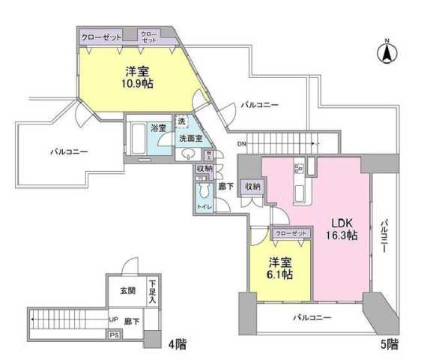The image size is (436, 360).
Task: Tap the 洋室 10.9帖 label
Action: [139, 78]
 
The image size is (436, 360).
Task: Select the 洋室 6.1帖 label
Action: [280, 268]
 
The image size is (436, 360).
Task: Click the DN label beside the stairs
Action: [240, 143]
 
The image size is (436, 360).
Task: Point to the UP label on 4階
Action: [113, 319]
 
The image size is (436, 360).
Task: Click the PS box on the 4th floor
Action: [113, 335]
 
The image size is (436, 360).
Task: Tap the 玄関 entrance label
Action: [127, 291]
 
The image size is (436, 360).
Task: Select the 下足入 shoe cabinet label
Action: [152, 291]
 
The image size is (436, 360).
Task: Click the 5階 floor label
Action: [388, 345]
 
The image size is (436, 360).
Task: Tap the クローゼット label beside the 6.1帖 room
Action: [291, 234]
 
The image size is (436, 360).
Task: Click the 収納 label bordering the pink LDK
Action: [252, 186]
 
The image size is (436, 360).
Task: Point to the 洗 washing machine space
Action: [181, 121]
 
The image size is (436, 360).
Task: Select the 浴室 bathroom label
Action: [158, 128]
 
